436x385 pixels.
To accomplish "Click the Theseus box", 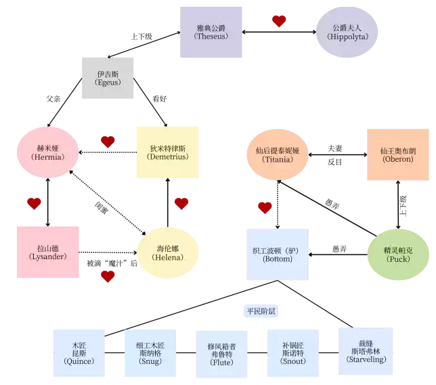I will tap(211, 32).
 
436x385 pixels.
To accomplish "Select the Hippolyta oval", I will tap(347, 32).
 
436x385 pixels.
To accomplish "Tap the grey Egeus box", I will tap(108, 78).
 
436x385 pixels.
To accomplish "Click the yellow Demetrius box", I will tap(167, 152).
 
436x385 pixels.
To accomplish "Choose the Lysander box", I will tap(47, 252).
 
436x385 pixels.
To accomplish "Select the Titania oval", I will tap(277, 155).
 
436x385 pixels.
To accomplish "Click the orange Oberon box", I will tap(397, 155).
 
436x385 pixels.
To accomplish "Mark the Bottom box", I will tap(277, 254).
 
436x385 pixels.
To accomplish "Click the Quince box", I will tap(80, 353).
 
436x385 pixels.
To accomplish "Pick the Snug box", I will tap(151, 353).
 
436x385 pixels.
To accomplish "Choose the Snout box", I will tap(292, 353).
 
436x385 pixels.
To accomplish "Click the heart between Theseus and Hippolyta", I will tap(279, 22).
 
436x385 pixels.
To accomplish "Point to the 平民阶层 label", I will tap(261, 311).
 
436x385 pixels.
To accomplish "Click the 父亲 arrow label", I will tap(54, 99).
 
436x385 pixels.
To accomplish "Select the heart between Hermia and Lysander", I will tap(34, 203).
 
